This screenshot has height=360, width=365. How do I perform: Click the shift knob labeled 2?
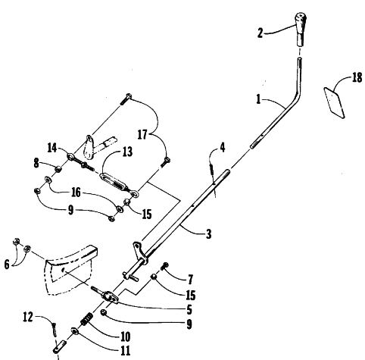click(x=301, y=29)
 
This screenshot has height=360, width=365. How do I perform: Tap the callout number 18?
click(x=357, y=77)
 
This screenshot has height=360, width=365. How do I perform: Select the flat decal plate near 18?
click(x=335, y=102)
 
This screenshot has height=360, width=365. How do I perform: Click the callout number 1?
click(x=258, y=99)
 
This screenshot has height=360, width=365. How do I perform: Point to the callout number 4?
click(x=223, y=147)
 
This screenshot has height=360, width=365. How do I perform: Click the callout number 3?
click(x=208, y=234)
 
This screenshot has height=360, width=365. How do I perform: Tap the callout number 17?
click(x=142, y=134)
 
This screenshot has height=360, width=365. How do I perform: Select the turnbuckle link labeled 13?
click(x=115, y=181)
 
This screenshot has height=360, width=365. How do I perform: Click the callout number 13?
click(x=127, y=152)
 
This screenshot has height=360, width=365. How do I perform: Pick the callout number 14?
click(x=52, y=148)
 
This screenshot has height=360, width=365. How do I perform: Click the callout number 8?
click(x=36, y=163)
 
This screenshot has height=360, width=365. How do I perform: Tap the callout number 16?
click(x=76, y=193)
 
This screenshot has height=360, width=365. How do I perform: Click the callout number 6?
click(x=7, y=265)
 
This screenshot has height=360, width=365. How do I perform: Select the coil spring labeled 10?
click(x=87, y=319)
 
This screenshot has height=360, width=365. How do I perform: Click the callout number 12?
click(x=28, y=317)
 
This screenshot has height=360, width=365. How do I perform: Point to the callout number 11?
click(x=126, y=350)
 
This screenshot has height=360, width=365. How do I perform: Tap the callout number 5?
click(x=189, y=310)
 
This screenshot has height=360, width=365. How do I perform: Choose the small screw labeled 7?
click(x=164, y=266)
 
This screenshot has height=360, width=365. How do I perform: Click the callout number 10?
click(x=126, y=337)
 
